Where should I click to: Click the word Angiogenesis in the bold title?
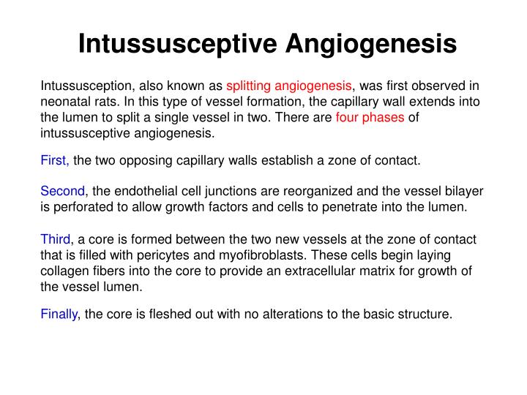pyautogui.click(x=371, y=45)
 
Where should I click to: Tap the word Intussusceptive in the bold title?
pyautogui.click(x=177, y=45)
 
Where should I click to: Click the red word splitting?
pyautogui.click(x=248, y=86)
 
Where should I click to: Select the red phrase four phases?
pyautogui.click(x=370, y=118)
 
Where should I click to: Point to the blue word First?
pyautogui.click(x=54, y=160)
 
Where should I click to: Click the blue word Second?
pyautogui.click(x=62, y=191)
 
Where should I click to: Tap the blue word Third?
pyautogui.click(x=56, y=239)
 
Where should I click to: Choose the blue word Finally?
pyautogui.click(x=59, y=315)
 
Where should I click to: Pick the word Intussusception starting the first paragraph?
pyautogui.click(x=86, y=86)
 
